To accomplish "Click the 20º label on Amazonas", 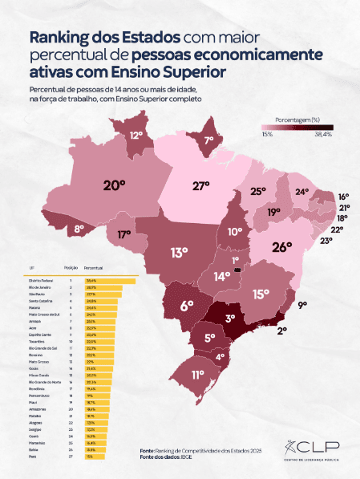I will point(115,185).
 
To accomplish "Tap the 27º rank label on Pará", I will point(202,187).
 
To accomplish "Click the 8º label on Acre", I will point(79,229).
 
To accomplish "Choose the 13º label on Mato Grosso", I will point(179,252).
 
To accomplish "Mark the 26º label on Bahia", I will point(281,247).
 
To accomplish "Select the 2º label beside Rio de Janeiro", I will point(281,329).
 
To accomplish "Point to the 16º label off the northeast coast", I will point(342,197).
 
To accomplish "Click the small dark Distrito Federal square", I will point(236,270).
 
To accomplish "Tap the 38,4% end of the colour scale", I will point(322,134).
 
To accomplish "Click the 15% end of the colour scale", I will point(266,134).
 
